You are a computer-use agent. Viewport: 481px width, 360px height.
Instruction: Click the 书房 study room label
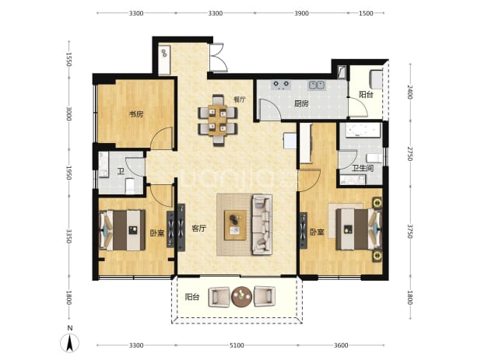tap(136, 114)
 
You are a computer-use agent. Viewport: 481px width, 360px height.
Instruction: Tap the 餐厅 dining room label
tap(240, 100)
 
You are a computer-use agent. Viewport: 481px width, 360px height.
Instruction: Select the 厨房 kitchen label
tap(301, 104)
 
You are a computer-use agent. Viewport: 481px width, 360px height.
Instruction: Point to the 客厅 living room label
tap(198, 229)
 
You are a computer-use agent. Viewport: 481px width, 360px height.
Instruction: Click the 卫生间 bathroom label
tap(363, 168)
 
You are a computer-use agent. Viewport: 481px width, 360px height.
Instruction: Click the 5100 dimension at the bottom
tap(237, 345)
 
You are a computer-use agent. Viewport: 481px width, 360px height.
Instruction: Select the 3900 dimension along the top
tap(301, 13)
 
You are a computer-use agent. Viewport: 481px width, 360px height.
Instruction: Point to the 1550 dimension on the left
tap(68, 59)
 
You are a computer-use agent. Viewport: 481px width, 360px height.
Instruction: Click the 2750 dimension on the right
tap(410, 154)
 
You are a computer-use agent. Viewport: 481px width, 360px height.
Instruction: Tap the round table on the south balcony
tap(242, 296)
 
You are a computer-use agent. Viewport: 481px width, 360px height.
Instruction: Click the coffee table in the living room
tap(235, 225)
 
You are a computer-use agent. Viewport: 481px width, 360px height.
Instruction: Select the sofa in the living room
tap(262, 225)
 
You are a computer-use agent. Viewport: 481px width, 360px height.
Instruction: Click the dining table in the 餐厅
tap(217, 120)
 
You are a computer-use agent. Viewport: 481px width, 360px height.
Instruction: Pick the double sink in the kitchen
tap(317, 85)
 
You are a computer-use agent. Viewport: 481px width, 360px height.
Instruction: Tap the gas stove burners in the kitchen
tap(281, 84)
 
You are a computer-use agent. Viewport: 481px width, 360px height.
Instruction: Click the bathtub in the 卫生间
tap(362, 130)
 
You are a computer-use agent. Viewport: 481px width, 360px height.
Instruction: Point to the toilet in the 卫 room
tap(130, 186)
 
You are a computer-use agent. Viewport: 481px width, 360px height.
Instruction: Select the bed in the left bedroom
tap(122, 230)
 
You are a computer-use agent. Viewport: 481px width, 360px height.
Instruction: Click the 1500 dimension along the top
tap(366, 13)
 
